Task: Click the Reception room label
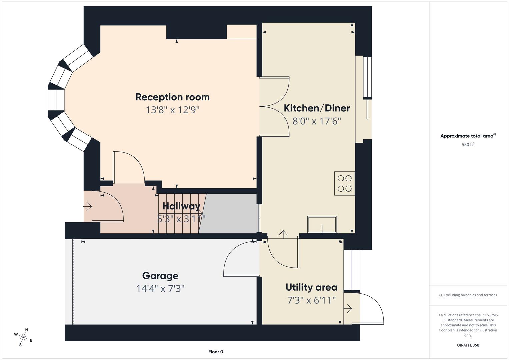pyautogui.click(x=172, y=97)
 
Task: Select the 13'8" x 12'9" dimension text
pyautogui.click(x=172, y=110)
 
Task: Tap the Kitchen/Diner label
pyautogui.click(x=317, y=108)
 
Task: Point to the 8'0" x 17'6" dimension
pyautogui.click(x=317, y=121)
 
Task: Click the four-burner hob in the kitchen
pyautogui.click(x=344, y=183)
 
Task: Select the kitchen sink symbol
pyautogui.click(x=322, y=225)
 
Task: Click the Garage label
pyautogui.click(x=160, y=276)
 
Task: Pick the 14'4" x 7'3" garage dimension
pyautogui.click(x=160, y=288)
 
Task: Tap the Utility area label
pyautogui.click(x=311, y=287)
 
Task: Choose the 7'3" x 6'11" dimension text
pyautogui.click(x=311, y=300)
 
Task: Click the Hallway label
pyautogui.click(x=181, y=206)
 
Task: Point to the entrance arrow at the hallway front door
pyautogui.click(x=87, y=207)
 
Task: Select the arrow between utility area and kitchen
pyautogui.click(x=283, y=234)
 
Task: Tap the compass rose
pyautogui.click(x=23, y=337)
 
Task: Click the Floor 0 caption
pyautogui.click(x=216, y=352)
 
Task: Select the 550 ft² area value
pyautogui.click(x=468, y=145)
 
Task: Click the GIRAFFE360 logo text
pyautogui.click(x=468, y=345)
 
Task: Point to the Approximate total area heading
pyautogui.click(x=468, y=136)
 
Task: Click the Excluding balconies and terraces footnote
pyautogui.click(x=468, y=295)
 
